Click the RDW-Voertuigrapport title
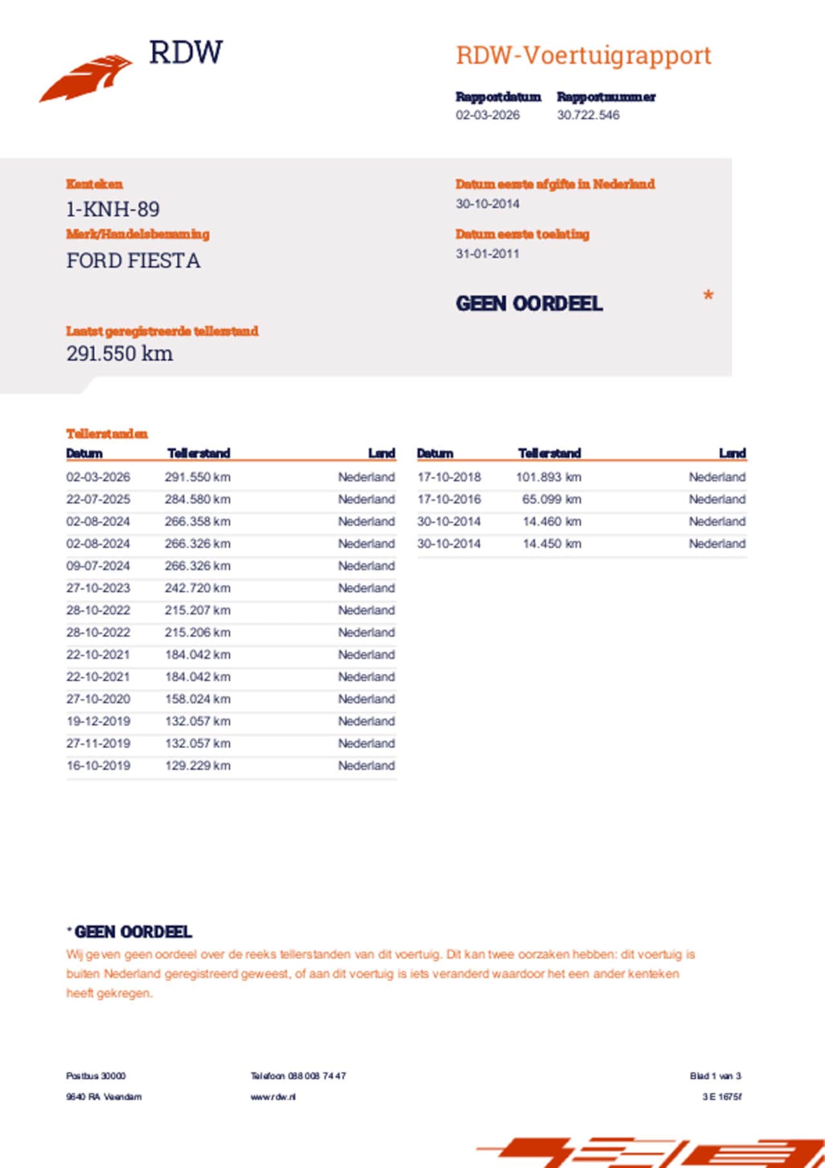(583, 55)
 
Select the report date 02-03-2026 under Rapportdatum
(487, 115)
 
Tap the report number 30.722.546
(588, 115)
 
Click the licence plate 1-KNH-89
(113, 210)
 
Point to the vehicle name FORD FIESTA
(133, 261)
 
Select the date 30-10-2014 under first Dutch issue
(487, 204)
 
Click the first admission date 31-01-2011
(487, 254)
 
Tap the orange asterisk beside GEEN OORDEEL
(708, 296)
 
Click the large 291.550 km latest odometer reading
(119, 353)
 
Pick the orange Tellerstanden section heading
(107, 434)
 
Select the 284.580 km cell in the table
(197, 500)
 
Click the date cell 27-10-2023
(98, 588)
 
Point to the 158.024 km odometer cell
(197, 699)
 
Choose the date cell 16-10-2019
(98, 766)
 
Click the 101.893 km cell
(548, 477)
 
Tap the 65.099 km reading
(552, 500)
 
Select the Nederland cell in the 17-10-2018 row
(717, 477)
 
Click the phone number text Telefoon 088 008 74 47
(298, 1076)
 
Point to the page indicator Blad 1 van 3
(715, 1076)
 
